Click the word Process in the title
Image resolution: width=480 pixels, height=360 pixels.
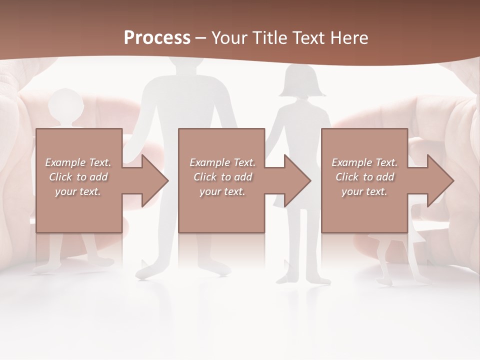coord(157,38)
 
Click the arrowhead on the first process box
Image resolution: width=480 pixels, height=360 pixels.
coord(155,180)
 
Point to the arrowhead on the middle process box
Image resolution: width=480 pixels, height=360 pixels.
coord(297,180)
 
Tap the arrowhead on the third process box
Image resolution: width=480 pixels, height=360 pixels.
coord(440,180)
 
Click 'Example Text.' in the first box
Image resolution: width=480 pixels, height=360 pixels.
coord(78,162)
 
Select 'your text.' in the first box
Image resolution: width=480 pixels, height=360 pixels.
coord(78,191)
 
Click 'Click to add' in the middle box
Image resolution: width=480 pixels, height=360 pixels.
coord(222,177)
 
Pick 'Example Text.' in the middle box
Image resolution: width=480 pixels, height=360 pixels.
coord(222,162)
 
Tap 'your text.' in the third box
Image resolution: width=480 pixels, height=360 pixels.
coord(364,191)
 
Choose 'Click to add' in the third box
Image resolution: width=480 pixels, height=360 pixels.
coord(364,177)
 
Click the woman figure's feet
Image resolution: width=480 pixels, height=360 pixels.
coord(305,277)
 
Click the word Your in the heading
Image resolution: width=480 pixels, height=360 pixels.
coord(229,38)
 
